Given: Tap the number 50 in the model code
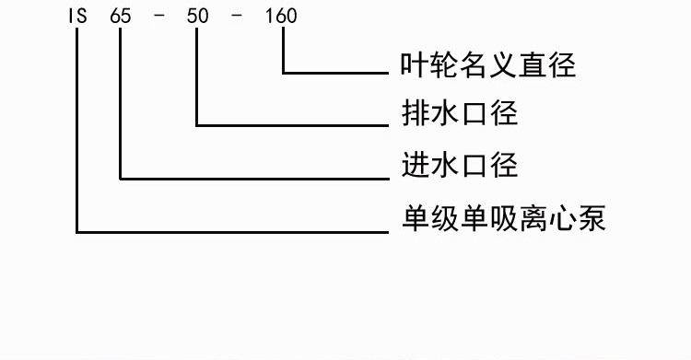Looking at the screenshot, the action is (197, 16).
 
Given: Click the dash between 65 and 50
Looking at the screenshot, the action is (159, 16).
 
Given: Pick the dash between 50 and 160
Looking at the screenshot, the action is (237, 16).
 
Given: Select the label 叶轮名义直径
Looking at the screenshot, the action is (488, 64).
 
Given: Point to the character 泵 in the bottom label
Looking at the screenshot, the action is (591, 218).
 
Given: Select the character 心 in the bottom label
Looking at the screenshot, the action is (562, 218).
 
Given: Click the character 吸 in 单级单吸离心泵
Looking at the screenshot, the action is (504, 218).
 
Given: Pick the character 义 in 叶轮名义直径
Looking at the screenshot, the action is (503, 64).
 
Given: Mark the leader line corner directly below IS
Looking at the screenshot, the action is (76, 231).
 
